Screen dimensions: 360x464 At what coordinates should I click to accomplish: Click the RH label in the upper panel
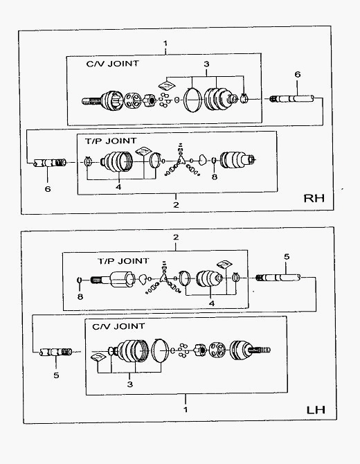click(314, 198)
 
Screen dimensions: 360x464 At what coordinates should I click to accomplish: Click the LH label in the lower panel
click(316, 410)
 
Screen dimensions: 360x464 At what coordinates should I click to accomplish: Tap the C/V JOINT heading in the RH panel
click(112, 64)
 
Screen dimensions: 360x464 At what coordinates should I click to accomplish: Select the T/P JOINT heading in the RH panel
click(111, 141)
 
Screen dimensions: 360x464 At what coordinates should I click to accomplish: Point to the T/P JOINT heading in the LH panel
click(123, 261)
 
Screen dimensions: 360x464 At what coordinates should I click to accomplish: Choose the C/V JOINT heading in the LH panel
click(118, 326)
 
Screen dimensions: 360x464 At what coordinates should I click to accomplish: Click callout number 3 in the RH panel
click(206, 64)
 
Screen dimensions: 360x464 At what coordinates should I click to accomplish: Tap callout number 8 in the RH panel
click(215, 177)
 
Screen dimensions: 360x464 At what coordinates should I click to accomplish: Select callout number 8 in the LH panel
click(80, 296)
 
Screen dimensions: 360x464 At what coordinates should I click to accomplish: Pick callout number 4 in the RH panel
click(118, 187)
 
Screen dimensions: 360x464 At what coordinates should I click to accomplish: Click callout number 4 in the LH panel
click(212, 303)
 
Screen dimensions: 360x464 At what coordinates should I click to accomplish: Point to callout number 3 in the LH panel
click(130, 384)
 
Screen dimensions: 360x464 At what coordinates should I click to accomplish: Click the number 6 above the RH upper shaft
click(297, 74)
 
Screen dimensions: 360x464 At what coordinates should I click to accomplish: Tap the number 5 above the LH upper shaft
click(287, 256)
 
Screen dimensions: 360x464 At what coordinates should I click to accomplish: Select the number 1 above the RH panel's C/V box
click(165, 43)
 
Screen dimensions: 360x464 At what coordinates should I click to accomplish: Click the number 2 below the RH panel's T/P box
click(176, 204)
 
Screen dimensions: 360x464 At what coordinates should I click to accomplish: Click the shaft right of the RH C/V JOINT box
click(292, 99)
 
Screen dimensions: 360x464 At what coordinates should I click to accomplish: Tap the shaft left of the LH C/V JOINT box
click(56, 352)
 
